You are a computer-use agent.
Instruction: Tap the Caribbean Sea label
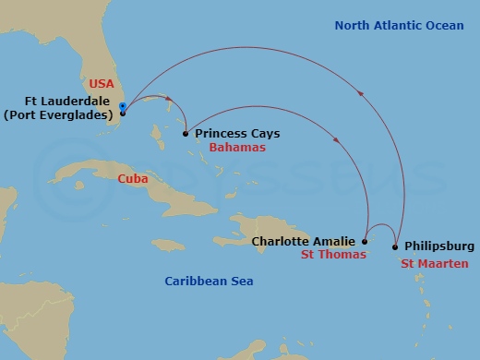click(209, 281)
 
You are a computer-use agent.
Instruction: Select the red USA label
click(102, 82)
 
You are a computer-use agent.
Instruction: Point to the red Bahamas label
click(237, 148)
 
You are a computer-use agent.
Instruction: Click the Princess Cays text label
click(237, 134)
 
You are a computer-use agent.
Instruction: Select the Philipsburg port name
click(439, 246)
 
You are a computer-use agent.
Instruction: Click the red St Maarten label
click(433, 263)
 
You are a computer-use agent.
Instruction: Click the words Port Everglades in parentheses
click(61, 115)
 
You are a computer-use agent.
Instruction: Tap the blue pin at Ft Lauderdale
click(123, 108)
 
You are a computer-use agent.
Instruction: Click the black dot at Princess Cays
click(186, 134)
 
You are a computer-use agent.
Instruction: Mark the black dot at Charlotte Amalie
click(366, 242)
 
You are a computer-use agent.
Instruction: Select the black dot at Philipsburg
click(396, 246)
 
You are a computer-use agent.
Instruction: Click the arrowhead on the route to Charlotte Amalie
click(343, 142)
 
